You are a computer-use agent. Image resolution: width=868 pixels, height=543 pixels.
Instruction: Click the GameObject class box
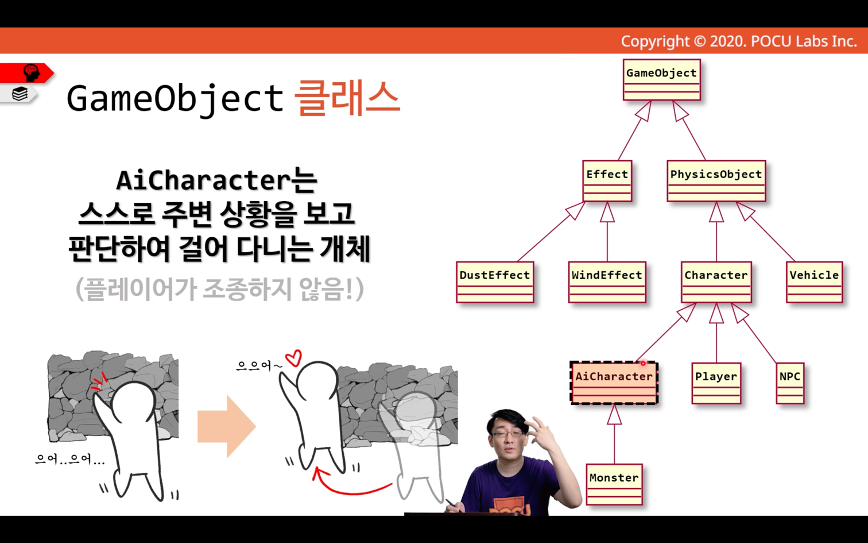pos(661,79)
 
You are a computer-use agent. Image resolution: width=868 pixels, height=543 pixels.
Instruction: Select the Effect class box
pos(607,181)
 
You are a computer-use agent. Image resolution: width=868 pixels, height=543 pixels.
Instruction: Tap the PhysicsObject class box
pos(716,181)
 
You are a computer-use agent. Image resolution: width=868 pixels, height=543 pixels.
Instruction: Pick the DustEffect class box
pos(495,282)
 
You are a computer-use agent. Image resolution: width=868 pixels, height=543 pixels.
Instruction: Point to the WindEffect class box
pos(607,282)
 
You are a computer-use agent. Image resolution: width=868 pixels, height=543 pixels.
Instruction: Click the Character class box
pos(716,282)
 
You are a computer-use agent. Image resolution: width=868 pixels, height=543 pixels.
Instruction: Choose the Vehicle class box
pos(814,282)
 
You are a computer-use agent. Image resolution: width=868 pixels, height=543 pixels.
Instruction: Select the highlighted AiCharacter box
pos(614,383)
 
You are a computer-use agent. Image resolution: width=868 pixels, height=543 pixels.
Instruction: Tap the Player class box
pos(716,383)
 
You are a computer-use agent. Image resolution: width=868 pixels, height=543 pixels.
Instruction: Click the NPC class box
pos(790,383)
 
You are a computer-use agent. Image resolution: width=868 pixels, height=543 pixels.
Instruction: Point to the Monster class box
pos(614,484)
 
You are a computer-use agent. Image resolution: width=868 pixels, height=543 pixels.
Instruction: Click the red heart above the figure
pos(294,357)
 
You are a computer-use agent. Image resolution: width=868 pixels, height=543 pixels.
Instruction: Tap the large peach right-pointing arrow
pos(227,426)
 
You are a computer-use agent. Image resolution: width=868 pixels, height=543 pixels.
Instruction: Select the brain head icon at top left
pos(31,72)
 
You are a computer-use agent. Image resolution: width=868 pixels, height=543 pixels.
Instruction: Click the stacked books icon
pos(20,94)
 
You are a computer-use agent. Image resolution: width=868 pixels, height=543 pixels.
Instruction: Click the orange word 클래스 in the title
pos(347,98)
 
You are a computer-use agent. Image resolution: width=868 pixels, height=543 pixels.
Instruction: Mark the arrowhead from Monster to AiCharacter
pos(614,414)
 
